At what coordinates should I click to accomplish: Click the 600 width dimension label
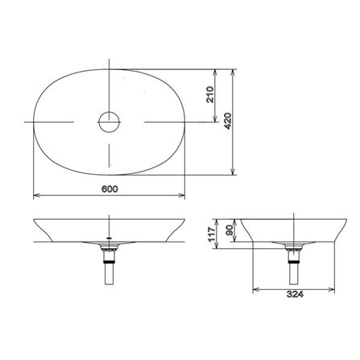(110, 189)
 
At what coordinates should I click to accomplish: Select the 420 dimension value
(227, 121)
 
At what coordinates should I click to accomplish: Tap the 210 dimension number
(210, 94)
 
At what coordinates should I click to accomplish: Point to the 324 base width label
(295, 294)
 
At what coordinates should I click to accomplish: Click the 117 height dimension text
(212, 234)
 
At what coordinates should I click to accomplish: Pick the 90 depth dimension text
(230, 230)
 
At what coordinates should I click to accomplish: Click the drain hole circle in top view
(109, 122)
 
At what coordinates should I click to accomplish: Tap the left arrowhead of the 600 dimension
(36, 196)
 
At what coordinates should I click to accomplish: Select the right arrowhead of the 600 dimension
(182, 196)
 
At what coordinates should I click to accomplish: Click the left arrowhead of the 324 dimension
(256, 289)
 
